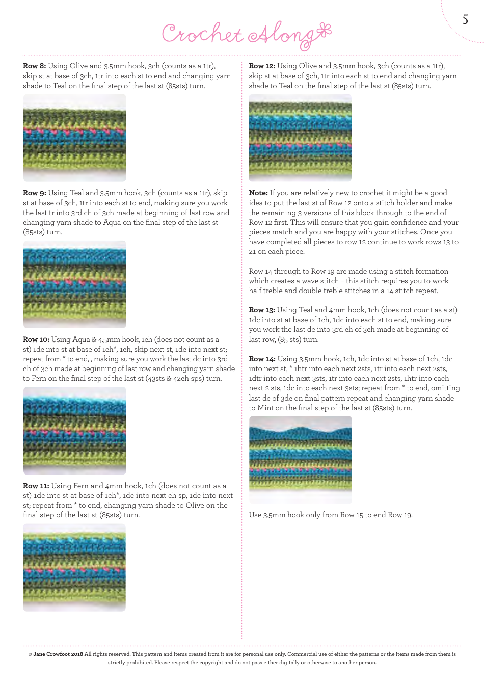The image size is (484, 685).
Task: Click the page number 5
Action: (465, 20)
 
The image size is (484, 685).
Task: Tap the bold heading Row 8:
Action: (35, 66)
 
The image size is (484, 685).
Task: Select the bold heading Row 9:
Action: (35, 193)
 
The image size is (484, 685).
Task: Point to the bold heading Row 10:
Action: (36, 340)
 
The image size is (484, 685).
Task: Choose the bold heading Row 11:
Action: (36, 486)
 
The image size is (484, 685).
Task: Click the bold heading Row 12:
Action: (262, 66)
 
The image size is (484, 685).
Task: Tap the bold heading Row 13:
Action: (262, 310)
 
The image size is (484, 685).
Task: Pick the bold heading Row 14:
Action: (262, 359)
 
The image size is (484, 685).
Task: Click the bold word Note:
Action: (258, 193)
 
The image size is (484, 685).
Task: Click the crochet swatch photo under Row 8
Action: (74, 138)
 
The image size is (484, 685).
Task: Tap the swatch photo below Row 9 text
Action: (74, 284)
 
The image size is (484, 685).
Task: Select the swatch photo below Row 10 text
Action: (74, 431)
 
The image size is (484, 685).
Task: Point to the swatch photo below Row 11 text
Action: (74, 568)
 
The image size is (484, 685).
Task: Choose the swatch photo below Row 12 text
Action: (300, 138)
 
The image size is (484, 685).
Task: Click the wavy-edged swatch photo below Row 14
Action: (301, 460)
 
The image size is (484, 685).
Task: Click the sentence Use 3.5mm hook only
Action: (331, 515)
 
